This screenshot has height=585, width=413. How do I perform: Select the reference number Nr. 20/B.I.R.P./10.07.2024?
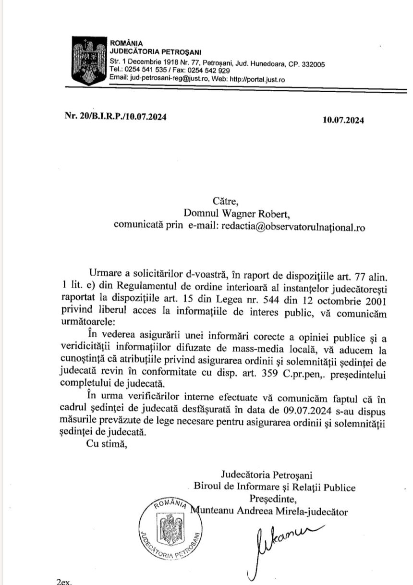116,117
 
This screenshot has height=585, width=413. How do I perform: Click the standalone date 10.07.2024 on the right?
343,120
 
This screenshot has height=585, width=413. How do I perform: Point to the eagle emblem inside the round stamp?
168,527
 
